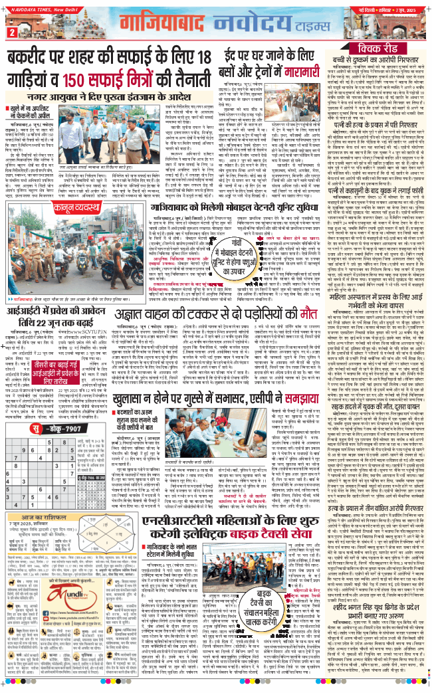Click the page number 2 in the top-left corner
[x=12, y=32]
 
